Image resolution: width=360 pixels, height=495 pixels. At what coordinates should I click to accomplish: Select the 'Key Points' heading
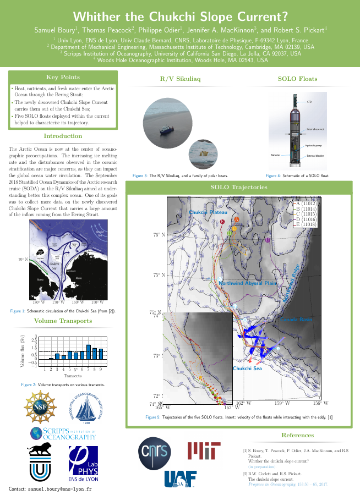62,77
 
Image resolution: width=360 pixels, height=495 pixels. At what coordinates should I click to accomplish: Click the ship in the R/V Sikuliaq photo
164,130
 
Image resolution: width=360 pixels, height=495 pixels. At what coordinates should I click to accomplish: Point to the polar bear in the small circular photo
204,153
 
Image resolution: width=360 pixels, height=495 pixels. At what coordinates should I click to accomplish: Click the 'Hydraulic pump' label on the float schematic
314,145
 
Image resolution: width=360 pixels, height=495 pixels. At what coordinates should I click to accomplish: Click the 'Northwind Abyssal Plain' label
247,283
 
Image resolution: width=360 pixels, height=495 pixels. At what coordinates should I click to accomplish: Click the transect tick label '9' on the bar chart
101,369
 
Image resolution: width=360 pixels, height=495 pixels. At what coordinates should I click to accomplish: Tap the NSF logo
40,404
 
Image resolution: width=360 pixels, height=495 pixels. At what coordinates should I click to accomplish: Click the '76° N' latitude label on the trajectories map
159,235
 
